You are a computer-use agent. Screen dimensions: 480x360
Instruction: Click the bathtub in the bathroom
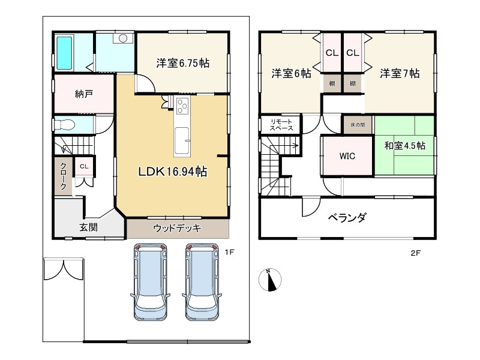(64, 53)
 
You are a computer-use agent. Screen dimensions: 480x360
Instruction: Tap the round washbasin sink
(123, 38)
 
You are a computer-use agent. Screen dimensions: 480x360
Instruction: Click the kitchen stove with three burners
(182, 105)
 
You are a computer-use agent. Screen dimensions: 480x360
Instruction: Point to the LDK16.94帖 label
(173, 172)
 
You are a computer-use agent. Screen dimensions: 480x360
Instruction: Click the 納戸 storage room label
(84, 94)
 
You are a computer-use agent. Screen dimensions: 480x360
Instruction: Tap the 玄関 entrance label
(89, 227)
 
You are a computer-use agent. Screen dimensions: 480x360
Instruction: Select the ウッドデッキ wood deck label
(177, 228)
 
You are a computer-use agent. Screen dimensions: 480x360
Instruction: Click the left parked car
(151, 281)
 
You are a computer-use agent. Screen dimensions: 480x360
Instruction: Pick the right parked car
(202, 281)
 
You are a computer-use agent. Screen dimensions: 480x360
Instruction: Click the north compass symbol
(270, 279)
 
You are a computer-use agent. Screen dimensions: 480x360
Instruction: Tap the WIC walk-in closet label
(347, 156)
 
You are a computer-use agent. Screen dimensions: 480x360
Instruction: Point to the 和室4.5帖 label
(404, 145)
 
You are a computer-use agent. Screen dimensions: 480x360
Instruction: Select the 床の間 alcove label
(358, 125)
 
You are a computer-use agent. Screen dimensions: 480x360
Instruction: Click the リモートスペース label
(281, 125)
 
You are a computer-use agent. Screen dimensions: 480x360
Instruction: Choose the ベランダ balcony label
(347, 218)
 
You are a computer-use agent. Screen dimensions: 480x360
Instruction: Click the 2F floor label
(415, 253)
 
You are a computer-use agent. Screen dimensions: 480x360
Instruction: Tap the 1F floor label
(229, 252)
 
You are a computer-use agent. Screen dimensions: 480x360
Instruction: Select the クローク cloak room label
(63, 176)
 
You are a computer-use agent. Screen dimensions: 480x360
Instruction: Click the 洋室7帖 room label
(400, 73)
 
